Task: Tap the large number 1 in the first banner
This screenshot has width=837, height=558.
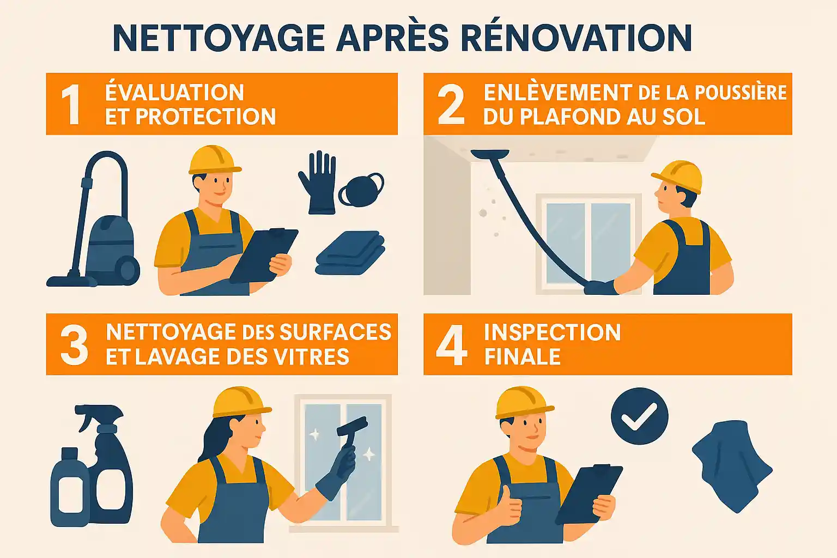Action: coord(71,105)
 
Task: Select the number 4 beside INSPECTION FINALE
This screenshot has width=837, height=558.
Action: coord(451,345)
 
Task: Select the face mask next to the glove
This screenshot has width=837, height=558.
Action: coord(361,190)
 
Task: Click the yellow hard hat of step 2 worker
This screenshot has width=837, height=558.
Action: coord(678,175)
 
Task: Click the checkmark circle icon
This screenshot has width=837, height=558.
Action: coord(639,416)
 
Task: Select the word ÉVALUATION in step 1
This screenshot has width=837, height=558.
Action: coord(174,93)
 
